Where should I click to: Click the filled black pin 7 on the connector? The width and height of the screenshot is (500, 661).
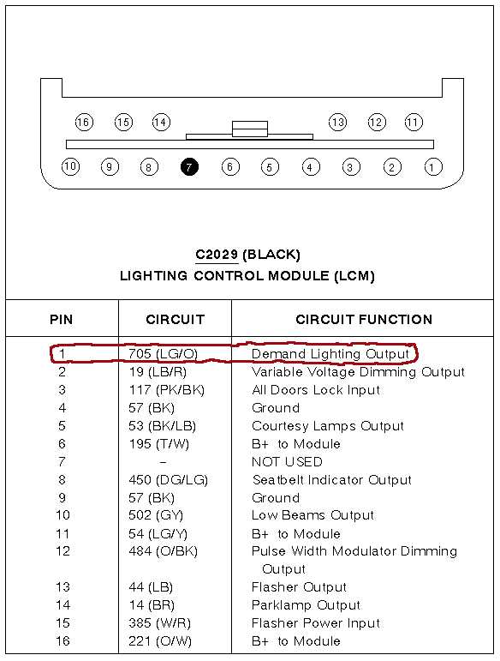(x=189, y=167)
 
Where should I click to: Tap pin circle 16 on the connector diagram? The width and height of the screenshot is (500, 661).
(x=84, y=123)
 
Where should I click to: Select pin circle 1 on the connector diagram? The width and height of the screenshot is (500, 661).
(x=433, y=167)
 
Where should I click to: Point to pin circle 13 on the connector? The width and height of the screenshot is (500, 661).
(x=337, y=123)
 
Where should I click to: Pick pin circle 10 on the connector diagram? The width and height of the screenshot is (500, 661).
(x=70, y=166)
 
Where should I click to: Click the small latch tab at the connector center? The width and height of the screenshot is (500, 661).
(x=250, y=129)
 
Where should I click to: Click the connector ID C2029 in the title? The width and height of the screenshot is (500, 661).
(x=217, y=255)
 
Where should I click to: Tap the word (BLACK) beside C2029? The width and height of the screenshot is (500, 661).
(x=271, y=255)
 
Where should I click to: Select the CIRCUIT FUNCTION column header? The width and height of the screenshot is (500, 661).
(x=364, y=319)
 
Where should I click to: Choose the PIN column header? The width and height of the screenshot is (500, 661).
(x=62, y=319)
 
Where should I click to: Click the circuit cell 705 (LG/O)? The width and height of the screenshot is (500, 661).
(x=163, y=353)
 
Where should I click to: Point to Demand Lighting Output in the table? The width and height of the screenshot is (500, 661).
(x=330, y=354)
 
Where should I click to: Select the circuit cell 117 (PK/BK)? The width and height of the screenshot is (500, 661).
(x=166, y=390)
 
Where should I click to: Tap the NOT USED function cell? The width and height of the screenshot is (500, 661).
(x=287, y=461)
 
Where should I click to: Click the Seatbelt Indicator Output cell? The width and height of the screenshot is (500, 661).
(x=331, y=480)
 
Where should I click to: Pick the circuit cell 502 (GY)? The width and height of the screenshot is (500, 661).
(x=156, y=515)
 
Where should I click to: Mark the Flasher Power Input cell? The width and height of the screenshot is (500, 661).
(x=316, y=623)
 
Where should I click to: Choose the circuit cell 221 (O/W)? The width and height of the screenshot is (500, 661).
(x=160, y=641)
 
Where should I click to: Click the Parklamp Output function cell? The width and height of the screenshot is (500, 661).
(x=306, y=605)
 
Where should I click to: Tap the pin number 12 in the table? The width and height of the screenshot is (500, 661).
(x=62, y=551)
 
